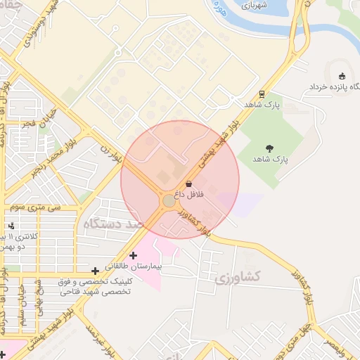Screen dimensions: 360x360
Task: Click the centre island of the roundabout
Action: tap(169, 201)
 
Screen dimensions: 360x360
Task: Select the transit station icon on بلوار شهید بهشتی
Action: tap(262, 94)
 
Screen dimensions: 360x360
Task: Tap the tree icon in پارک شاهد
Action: tap(270, 148)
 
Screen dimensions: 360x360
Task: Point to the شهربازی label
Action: tap(255, 5)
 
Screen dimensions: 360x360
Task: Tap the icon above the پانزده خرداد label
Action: tap(342, 76)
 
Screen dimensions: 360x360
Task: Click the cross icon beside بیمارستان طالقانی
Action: tap(133, 255)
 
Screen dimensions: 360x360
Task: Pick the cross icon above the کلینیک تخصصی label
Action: tap(95, 271)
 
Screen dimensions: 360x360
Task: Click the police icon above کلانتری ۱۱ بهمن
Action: tap(12, 226)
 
